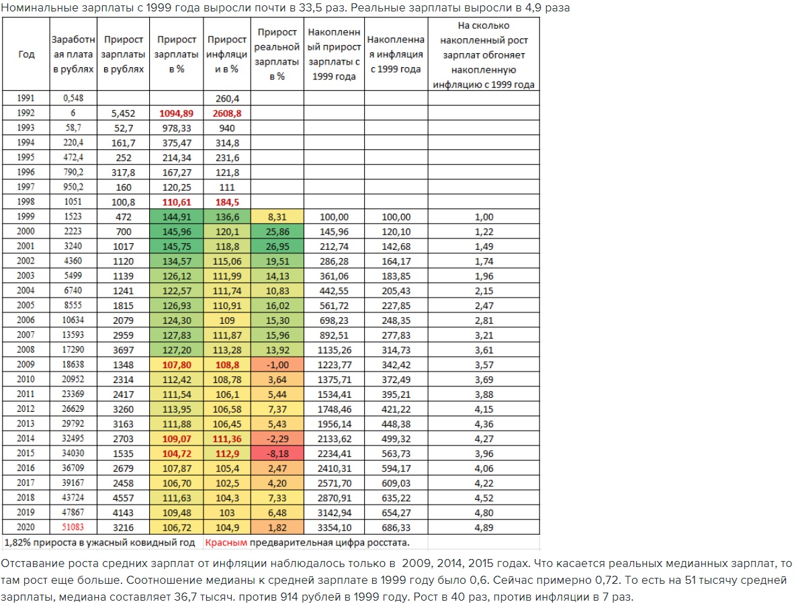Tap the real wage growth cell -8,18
(x=277, y=453)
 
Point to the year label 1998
(x=26, y=202)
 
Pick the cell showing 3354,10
(x=335, y=527)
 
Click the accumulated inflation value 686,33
(x=396, y=527)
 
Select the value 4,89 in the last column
(x=484, y=527)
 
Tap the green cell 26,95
(x=277, y=246)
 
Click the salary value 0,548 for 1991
(x=72, y=98)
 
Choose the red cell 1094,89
(x=177, y=113)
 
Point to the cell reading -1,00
(x=277, y=364)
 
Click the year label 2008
(x=26, y=349)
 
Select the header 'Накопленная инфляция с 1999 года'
(x=396, y=54)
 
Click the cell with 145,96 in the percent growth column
(x=177, y=231)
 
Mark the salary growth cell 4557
(x=124, y=497)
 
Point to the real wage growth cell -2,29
(x=277, y=438)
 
